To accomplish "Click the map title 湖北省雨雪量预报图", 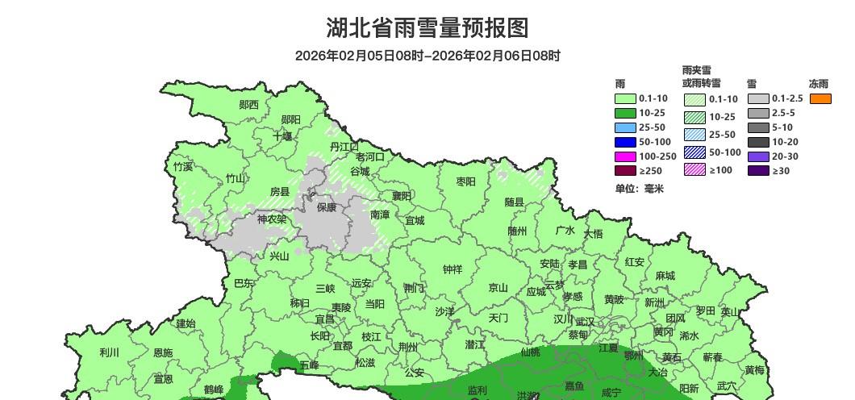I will (427, 28).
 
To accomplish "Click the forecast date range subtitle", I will (427, 56).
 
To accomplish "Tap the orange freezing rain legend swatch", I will (820, 98).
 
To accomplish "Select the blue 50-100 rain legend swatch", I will (625, 142).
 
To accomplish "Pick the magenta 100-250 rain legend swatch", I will (625, 156).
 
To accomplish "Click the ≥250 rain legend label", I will (649, 171).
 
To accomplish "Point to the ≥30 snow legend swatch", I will (757, 171).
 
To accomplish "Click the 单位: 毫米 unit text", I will (639, 189).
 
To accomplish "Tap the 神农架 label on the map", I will (271, 219).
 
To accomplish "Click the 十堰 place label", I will (282, 136).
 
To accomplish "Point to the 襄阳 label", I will (402, 196).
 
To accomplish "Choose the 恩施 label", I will (162, 352).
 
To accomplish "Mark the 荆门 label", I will (414, 288).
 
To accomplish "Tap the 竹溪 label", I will (183, 167).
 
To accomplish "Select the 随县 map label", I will (515, 202).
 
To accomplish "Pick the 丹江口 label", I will (344, 147).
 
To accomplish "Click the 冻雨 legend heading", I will (819, 83).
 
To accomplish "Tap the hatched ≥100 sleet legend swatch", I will (694, 169).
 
